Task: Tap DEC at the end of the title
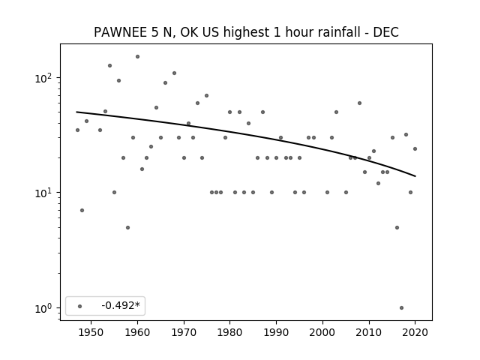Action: point(385,32)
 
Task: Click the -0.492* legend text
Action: point(121,305)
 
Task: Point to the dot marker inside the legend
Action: point(80,306)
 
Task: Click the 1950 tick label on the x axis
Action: point(91,332)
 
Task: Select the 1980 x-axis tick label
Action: point(230,332)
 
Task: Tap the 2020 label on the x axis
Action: point(415,332)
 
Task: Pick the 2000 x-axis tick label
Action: point(322,332)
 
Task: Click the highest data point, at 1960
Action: point(137,57)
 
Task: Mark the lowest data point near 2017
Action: point(401,308)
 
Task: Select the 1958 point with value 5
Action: point(128,227)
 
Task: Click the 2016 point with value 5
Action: point(397,227)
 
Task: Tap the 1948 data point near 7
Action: point(82,210)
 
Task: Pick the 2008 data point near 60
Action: point(360,103)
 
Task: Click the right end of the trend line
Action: point(415,176)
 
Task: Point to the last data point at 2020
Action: point(415,148)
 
